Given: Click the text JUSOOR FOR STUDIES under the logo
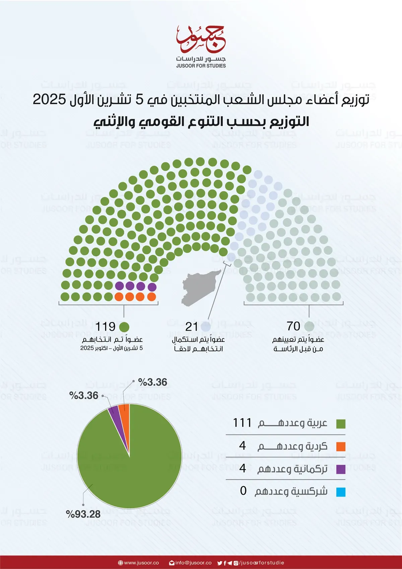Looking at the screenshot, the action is point(201,66).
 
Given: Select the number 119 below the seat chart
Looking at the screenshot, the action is point(105,327).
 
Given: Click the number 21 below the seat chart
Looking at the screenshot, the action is point(191,327).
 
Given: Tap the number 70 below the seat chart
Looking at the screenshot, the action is point(293,326).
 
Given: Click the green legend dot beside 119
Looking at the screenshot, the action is point(124,327).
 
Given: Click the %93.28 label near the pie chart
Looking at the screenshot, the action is point(83,514).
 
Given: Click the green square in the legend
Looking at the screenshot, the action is point(341,424).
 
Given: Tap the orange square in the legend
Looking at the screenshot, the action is point(341,447).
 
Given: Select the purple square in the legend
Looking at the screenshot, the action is point(341,469).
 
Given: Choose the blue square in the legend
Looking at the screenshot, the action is point(341,492).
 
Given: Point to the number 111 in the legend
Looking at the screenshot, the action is point(242,423).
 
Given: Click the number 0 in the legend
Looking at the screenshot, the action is point(243,491).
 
